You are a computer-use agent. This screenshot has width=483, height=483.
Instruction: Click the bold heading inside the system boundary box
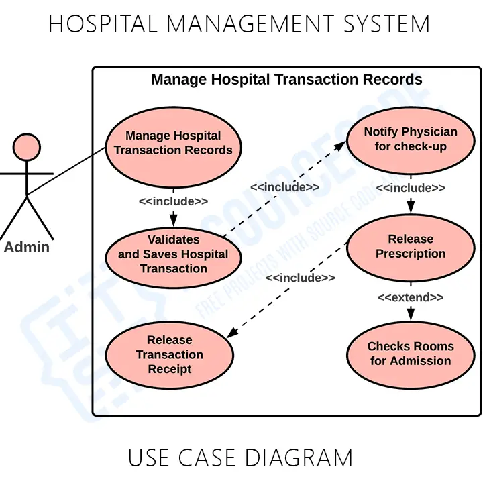[x=286, y=80]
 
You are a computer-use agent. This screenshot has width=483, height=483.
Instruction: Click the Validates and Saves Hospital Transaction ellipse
[x=173, y=254]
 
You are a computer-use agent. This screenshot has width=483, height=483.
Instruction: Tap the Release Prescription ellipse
[x=411, y=246]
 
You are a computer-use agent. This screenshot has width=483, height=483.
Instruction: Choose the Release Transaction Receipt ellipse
[x=170, y=355]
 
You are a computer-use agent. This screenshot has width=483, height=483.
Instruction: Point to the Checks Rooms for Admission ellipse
[x=411, y=354]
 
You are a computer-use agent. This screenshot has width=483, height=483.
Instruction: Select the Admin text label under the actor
[x=27, y=247]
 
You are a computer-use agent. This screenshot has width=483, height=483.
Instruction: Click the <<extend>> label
[x=411, y=297]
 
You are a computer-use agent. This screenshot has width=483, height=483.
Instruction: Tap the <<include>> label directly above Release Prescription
[x=411, y=189]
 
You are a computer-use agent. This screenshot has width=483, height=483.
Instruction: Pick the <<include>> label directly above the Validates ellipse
[x=173, y=201]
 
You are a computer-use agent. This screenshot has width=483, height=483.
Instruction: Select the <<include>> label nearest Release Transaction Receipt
[x=300, y=278]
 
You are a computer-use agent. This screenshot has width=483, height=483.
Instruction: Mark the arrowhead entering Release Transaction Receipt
[x=229, y=335]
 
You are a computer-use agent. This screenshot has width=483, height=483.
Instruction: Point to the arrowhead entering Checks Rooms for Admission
[x=411, y=315]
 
